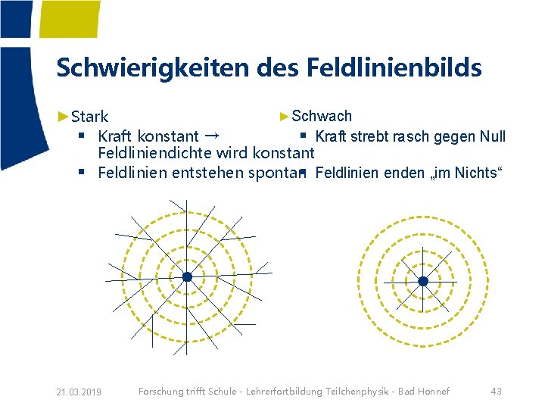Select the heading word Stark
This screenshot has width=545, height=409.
coord(90,117)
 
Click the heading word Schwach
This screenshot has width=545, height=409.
coord(322,116)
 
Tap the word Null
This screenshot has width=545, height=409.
coord(493,136)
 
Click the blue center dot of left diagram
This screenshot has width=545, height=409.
coord(187,277)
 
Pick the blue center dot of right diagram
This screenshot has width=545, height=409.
coord(423,281)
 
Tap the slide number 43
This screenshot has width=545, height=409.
coord(496,391)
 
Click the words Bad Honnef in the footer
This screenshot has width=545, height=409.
coord(428,391)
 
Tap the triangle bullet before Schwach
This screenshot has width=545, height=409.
coord(285,116)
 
